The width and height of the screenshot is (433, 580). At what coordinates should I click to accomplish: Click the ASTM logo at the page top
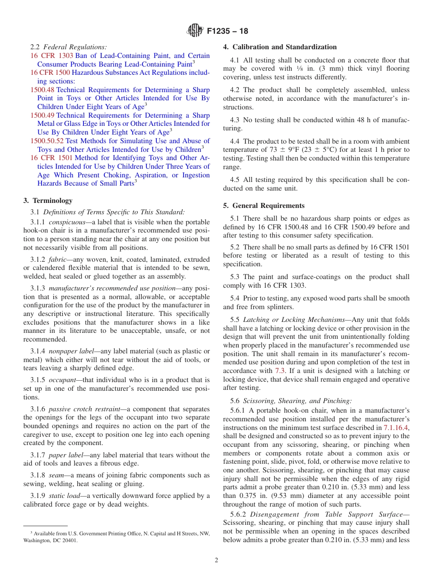[195, 31]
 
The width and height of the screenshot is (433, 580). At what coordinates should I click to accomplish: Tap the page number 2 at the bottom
[216, 560]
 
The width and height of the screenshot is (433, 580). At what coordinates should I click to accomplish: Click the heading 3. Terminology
[48, 201]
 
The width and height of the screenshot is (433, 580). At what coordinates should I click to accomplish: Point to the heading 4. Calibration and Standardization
[280, 47]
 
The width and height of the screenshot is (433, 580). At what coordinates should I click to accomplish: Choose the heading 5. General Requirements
[264, 206]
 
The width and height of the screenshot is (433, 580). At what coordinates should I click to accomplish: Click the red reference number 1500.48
[42, 90]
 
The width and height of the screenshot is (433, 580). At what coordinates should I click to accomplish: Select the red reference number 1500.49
[42, 115]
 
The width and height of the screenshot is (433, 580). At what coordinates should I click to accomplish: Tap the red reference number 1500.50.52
[47, 141]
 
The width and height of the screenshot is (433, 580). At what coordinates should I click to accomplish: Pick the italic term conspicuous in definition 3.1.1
[67, 222]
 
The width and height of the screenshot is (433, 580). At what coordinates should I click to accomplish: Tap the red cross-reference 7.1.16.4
[396, 428]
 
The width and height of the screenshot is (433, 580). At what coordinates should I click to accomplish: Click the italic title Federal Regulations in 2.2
[75, 47]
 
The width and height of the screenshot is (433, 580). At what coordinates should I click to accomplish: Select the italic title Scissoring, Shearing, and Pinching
[297, 401]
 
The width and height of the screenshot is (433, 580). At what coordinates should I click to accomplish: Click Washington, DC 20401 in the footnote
[51, 541]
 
